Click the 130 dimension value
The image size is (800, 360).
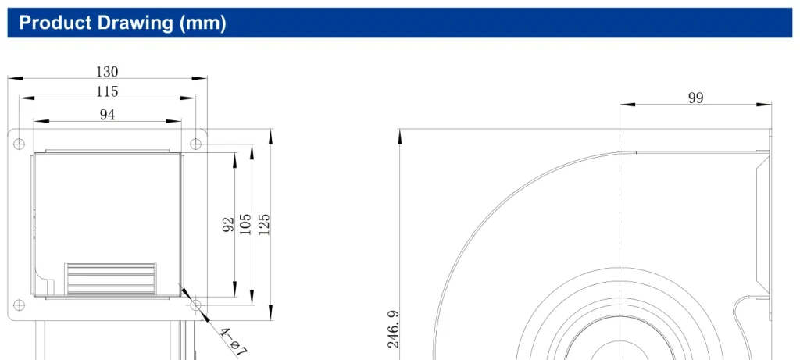(x=107, y=71)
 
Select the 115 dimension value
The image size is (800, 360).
(x=107, y=92)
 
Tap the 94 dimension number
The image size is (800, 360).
(x=107, y=116)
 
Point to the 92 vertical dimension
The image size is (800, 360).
(x=229, y=224)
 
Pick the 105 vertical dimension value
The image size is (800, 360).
(x=245, y=224)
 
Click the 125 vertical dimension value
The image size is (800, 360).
(x=264, y=224)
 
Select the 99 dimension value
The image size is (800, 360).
(x=695, y=98)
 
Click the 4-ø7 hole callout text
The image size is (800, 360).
(x=234, y=340)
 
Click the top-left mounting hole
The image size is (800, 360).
(x=19, y=144)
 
